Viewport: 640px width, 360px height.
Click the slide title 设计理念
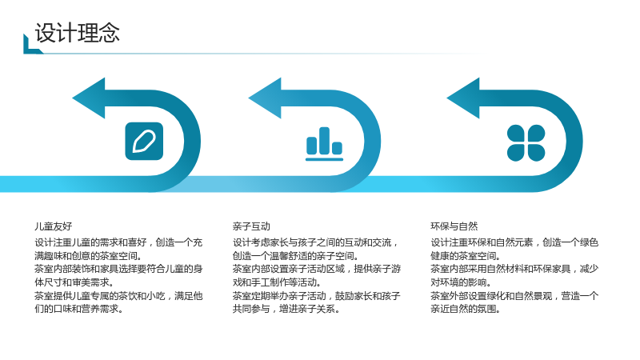point(77,33)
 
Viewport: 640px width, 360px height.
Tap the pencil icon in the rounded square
point(144,142)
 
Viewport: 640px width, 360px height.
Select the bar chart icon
point(325,144)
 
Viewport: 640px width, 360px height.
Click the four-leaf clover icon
point(526,143)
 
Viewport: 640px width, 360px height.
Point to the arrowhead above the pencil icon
point(89,98)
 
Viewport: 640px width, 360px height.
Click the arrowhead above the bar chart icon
point(265,98)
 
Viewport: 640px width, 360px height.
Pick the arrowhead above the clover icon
point(463,98)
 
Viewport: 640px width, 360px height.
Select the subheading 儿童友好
point(53,226)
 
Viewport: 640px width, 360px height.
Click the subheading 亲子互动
point(251,226)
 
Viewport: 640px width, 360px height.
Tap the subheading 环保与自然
point(454,226)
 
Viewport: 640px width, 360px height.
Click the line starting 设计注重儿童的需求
point(118,242)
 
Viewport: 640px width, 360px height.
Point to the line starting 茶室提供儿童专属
point(118,295)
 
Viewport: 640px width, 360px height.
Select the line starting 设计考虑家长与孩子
point(315,242)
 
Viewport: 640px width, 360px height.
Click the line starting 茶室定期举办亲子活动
point(317,295)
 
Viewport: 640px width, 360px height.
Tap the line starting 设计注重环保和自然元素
point(514,242)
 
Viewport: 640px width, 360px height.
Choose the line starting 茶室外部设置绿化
point(514,295)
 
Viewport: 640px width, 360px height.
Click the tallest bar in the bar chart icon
point(325,141)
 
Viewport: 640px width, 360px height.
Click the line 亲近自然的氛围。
point(466,309)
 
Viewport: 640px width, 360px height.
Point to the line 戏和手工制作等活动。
point(277,282)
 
